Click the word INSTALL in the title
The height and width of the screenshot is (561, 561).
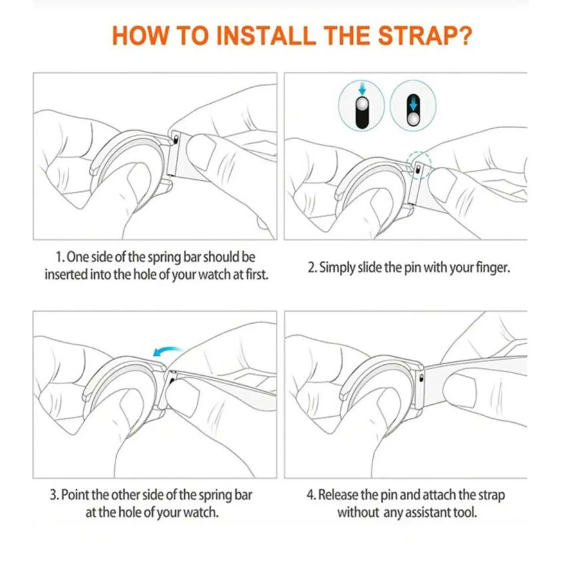pos(266,36)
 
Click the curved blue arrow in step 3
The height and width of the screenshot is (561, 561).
pos(167,351)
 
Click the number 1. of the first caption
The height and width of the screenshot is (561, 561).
pos(60,258)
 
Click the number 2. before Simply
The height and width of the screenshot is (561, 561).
pos(312,268)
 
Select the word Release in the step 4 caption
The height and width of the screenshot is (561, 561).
pos(338,495)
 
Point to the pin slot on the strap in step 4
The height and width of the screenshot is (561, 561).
pos(421,378)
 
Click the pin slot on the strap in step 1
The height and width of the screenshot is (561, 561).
pos(176,139)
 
